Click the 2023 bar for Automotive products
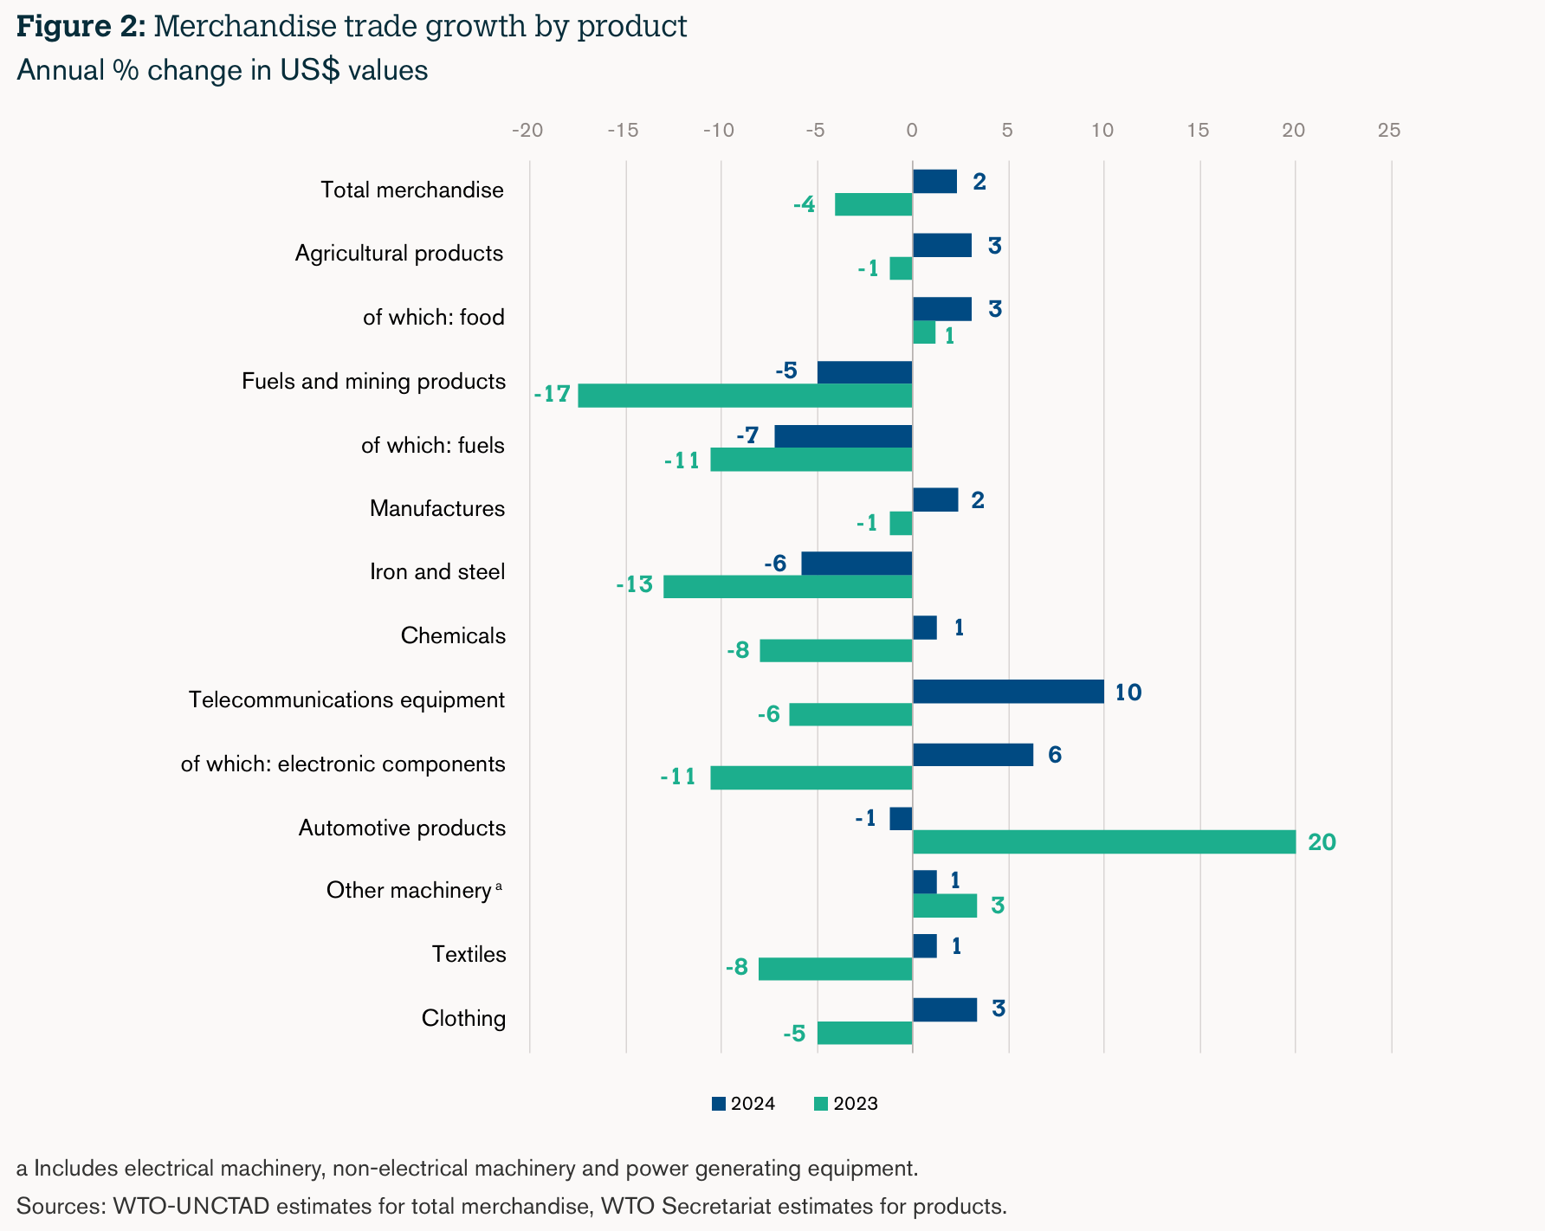point(1104,841)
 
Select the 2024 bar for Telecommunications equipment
point(1008,692)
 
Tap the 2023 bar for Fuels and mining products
point(745,396)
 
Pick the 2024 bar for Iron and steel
point(857,564)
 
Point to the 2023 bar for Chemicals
point(836,650)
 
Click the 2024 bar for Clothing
point(945,1009)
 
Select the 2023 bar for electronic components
point(811,777)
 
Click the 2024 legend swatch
point(718,1104)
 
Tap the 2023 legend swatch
point(821,1104)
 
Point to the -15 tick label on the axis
point(623,131)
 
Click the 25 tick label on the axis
point(1389,131)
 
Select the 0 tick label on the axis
point(912,131)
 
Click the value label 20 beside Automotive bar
point(1322,842)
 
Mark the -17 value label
point(552,395)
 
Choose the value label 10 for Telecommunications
point(1128,693)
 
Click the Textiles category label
point(469,954)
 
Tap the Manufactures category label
point(437,508)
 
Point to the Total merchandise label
point(412,190)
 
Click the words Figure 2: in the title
point(81,26)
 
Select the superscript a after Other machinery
point(499,886)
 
